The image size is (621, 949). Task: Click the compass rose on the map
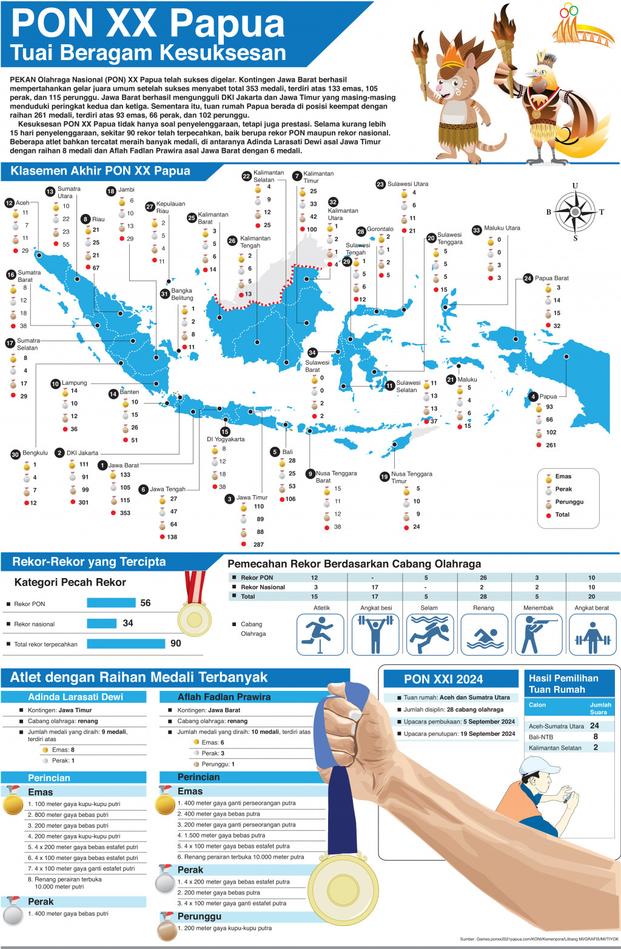(575, 211)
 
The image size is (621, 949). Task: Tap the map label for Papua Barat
(551, 278)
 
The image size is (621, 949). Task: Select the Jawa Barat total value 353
(125, 513)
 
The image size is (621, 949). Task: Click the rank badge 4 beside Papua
(533, 396)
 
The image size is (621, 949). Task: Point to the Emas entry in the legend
(563, 476)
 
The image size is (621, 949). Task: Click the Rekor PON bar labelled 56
(111, 603)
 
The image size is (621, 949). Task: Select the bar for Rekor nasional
(101, 624)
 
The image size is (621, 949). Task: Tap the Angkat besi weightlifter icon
(375, 634)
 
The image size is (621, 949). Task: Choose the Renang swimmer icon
(483, 634)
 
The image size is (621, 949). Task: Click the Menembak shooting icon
(537, 634)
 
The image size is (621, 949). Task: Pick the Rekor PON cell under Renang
(483, 578)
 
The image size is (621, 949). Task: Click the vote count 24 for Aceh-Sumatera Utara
(594, 725)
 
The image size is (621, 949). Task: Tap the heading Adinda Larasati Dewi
(75, 697)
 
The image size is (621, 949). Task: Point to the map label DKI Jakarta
(82, 453)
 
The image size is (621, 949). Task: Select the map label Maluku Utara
(502, 228)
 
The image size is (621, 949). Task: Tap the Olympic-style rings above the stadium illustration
(569, 10)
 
